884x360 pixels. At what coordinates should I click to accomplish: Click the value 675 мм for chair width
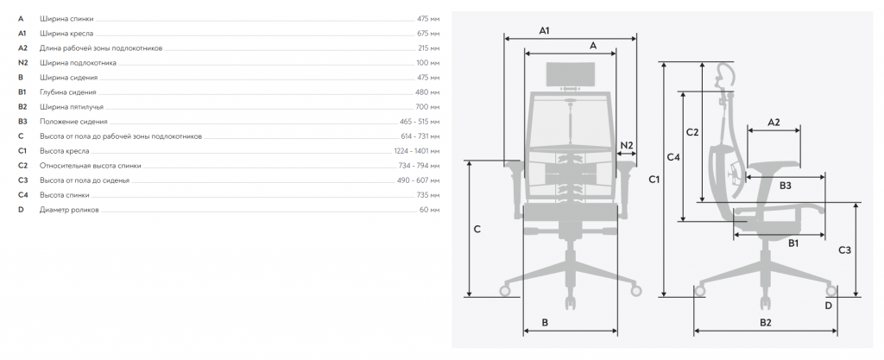tap(428, 34)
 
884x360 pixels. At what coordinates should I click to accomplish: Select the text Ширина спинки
tap(66, 19)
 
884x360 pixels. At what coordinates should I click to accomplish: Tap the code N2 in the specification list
tap(22, 63)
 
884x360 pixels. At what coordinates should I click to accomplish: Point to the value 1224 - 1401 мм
tap(417, 151)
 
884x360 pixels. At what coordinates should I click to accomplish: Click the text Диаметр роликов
tap(69, 210)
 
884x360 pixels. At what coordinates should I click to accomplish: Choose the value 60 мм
tap(430, 210)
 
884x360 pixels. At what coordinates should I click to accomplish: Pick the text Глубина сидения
tap(68, 92)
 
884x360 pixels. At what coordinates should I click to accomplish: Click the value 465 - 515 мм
tap(420, 122)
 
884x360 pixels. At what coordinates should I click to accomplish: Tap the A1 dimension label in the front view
tap(544, 30)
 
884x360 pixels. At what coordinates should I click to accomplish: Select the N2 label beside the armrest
tap(627, 145)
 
